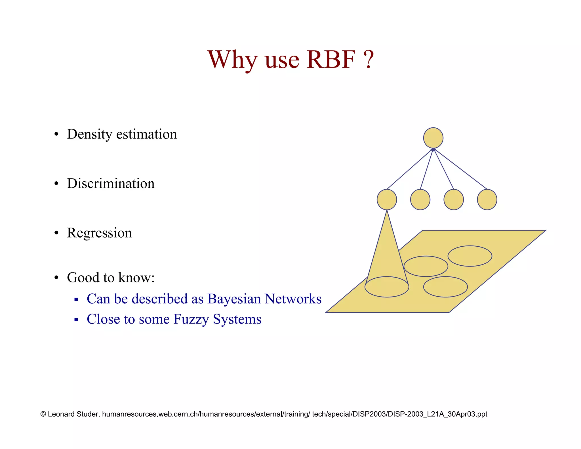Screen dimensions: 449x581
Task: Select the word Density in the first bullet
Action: tap(89, 134)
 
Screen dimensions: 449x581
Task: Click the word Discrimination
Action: tap(111, 183)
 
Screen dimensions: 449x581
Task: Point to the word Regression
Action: tap(99, 233)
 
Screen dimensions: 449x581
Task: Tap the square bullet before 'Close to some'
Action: tap(76, 320)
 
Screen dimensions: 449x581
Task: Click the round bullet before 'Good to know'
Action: tap(56, 278)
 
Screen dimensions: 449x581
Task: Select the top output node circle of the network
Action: tap(433, 138)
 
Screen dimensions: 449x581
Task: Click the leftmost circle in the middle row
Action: tap(387, 200)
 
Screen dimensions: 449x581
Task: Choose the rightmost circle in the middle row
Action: tap(487, 200)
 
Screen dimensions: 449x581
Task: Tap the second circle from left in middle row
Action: tap(420, 200)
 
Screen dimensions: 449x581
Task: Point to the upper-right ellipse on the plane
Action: tap(470, 256)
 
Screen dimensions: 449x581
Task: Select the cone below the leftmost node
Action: tap(387, 250)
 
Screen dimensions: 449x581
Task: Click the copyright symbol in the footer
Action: tap(43, 414)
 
